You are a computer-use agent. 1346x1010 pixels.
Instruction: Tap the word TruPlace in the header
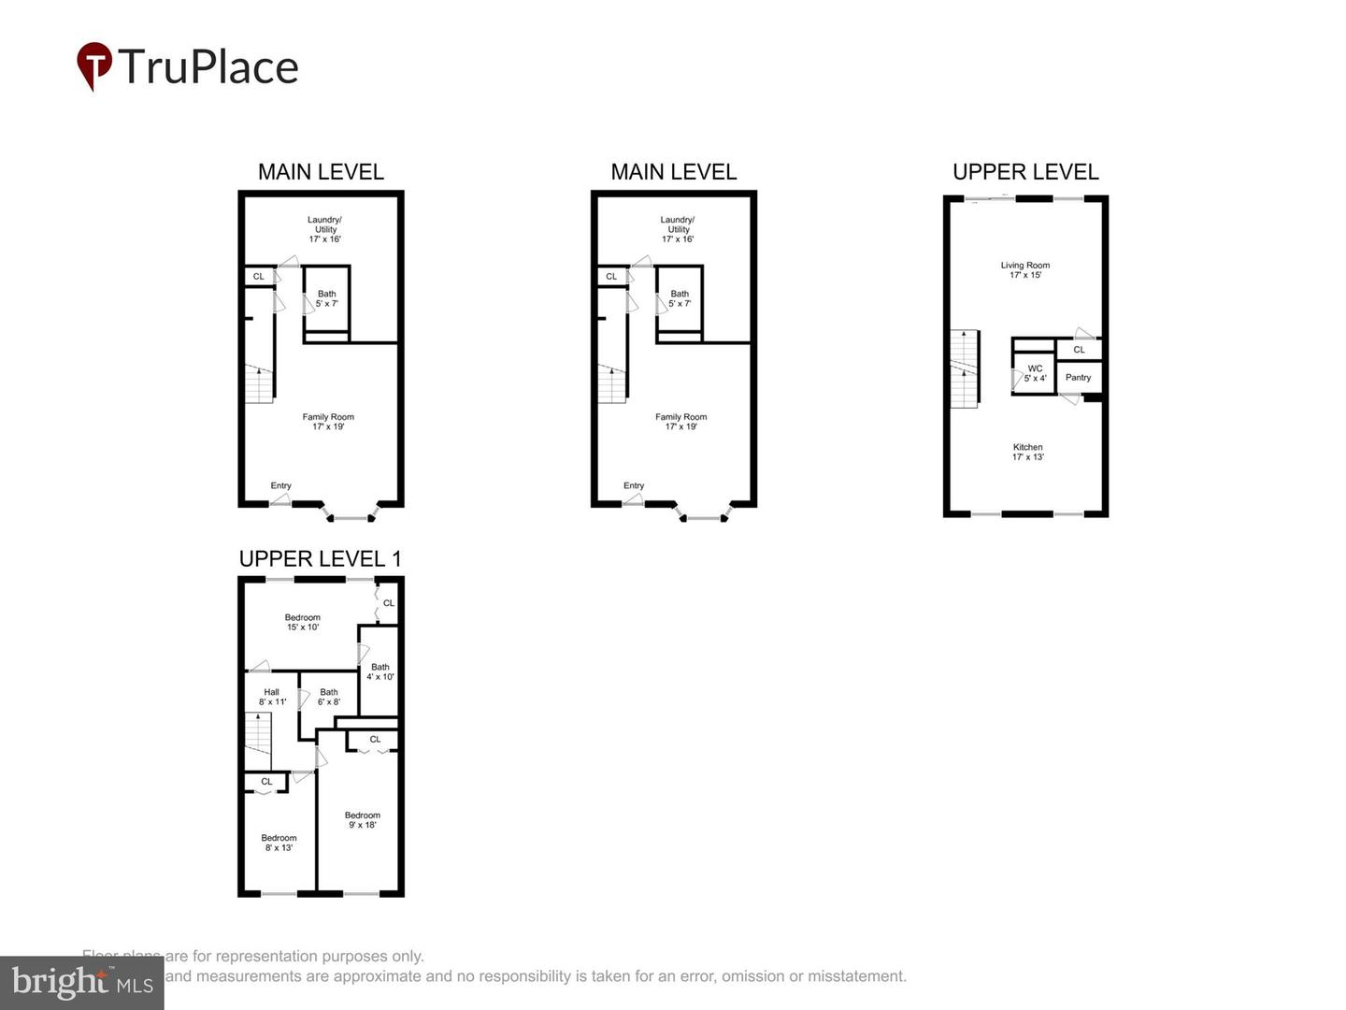(208, 67)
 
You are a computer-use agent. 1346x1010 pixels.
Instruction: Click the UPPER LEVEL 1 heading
(320, 559)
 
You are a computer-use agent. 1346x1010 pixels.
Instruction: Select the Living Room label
(1025, 266)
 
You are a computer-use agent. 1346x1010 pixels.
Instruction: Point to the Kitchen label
(1027, 447)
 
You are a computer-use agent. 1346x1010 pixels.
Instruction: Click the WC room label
(1035, 368)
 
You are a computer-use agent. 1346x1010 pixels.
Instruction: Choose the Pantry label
(1078, 378)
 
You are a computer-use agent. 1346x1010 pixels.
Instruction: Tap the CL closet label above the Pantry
(1079, 350)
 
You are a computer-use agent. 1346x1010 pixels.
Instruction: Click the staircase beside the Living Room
(965, 368)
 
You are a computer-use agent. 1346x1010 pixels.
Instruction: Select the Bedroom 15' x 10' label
(303, 622)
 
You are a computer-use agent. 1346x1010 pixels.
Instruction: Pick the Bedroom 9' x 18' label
(362, 820)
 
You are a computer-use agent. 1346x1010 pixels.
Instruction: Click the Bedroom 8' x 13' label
(279, 843)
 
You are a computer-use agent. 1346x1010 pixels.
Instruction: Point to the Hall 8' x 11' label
(272, 697)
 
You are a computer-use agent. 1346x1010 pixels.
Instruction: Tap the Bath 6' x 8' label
(329, 697)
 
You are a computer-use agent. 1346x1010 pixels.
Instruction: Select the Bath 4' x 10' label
(380, 671)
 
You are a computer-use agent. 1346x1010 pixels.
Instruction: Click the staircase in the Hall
(258, 742)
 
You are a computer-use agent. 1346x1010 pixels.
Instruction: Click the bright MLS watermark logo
(82, 982)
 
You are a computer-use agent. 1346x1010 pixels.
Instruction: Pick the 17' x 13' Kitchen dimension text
(1027, 457)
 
